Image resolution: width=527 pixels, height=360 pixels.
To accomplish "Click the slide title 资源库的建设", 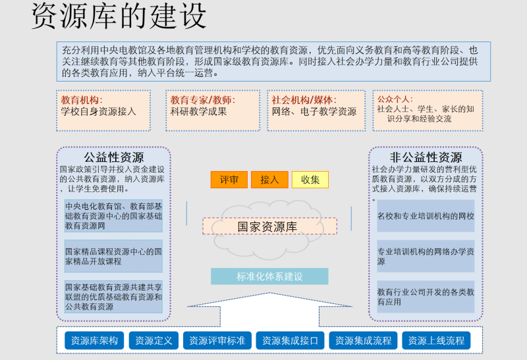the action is pyautogui.click(x=119, y=16).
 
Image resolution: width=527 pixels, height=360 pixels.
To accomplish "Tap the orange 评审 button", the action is pyautogui.click(x=229, y=180).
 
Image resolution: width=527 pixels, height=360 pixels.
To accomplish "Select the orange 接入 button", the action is pyautogui.click(x=269, y=180).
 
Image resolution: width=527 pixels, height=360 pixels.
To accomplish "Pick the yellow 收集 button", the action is pyautogui.click(x=310, y=180).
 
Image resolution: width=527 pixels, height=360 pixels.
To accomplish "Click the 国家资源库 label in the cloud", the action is pyautogui.click(x=267, y=226).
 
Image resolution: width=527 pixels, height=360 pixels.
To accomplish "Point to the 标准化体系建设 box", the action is pyautogui.click(x=269, y=276).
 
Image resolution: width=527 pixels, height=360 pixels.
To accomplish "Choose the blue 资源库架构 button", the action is pyautogui.click(x=94, y=340).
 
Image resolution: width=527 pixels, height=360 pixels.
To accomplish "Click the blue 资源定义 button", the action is pyautogui.click(x=153, y=340).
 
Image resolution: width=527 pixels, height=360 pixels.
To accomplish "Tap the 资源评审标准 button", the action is pyautogui.click(x=217, y=340).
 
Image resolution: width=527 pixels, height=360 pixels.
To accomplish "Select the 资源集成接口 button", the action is pyautogui.click(x=290, y=340).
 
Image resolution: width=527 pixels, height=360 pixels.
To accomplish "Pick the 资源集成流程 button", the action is pyautogui.click(x=364, y=340).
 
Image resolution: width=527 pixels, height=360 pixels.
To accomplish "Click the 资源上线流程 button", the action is pyautogui.click(x=436, y=340).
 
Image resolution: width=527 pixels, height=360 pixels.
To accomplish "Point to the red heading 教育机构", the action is pyautogui.click(x=82, y=100).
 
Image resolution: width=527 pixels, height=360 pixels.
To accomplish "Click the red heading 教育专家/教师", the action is pyautogui.click(x=203, y=100).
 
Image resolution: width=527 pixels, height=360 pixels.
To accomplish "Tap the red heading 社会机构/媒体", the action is pyautogui.click(x=304, y=100).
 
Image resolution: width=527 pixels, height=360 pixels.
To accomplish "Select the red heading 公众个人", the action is pyautogui.click(x=395, y=99).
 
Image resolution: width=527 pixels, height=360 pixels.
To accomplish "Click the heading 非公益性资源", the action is pyautogui.click(x=426, y=157).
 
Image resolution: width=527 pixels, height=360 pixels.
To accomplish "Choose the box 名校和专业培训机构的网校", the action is pyautogui.click(x=426, y=216).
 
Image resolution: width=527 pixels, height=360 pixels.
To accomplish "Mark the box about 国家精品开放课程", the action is pyautogui.click(x=113, y=256).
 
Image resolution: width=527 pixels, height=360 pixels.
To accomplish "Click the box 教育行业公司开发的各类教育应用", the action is pyautogui.click(x=426, y=297).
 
